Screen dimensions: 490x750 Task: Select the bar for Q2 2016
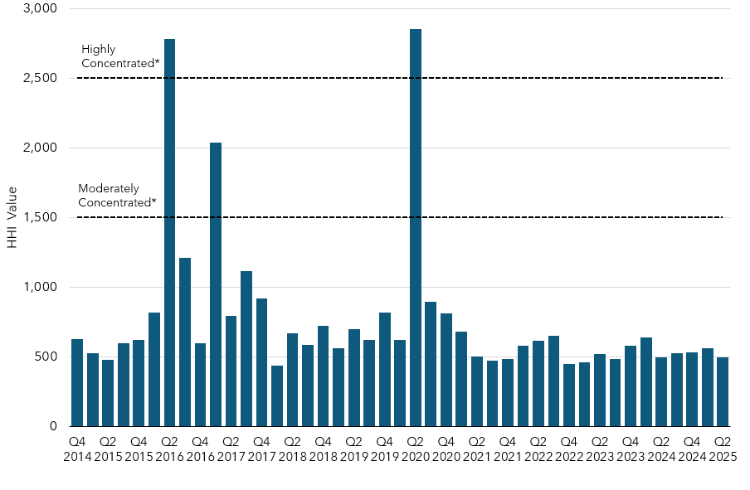coord(169,233)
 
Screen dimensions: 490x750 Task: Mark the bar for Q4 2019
coord(385,370)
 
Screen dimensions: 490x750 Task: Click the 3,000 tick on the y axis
coord(40,8)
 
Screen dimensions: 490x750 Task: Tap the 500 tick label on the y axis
coord(45,357)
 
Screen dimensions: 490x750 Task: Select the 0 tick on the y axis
coord(52,426)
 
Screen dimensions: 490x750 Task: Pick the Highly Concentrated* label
coord(119,56)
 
